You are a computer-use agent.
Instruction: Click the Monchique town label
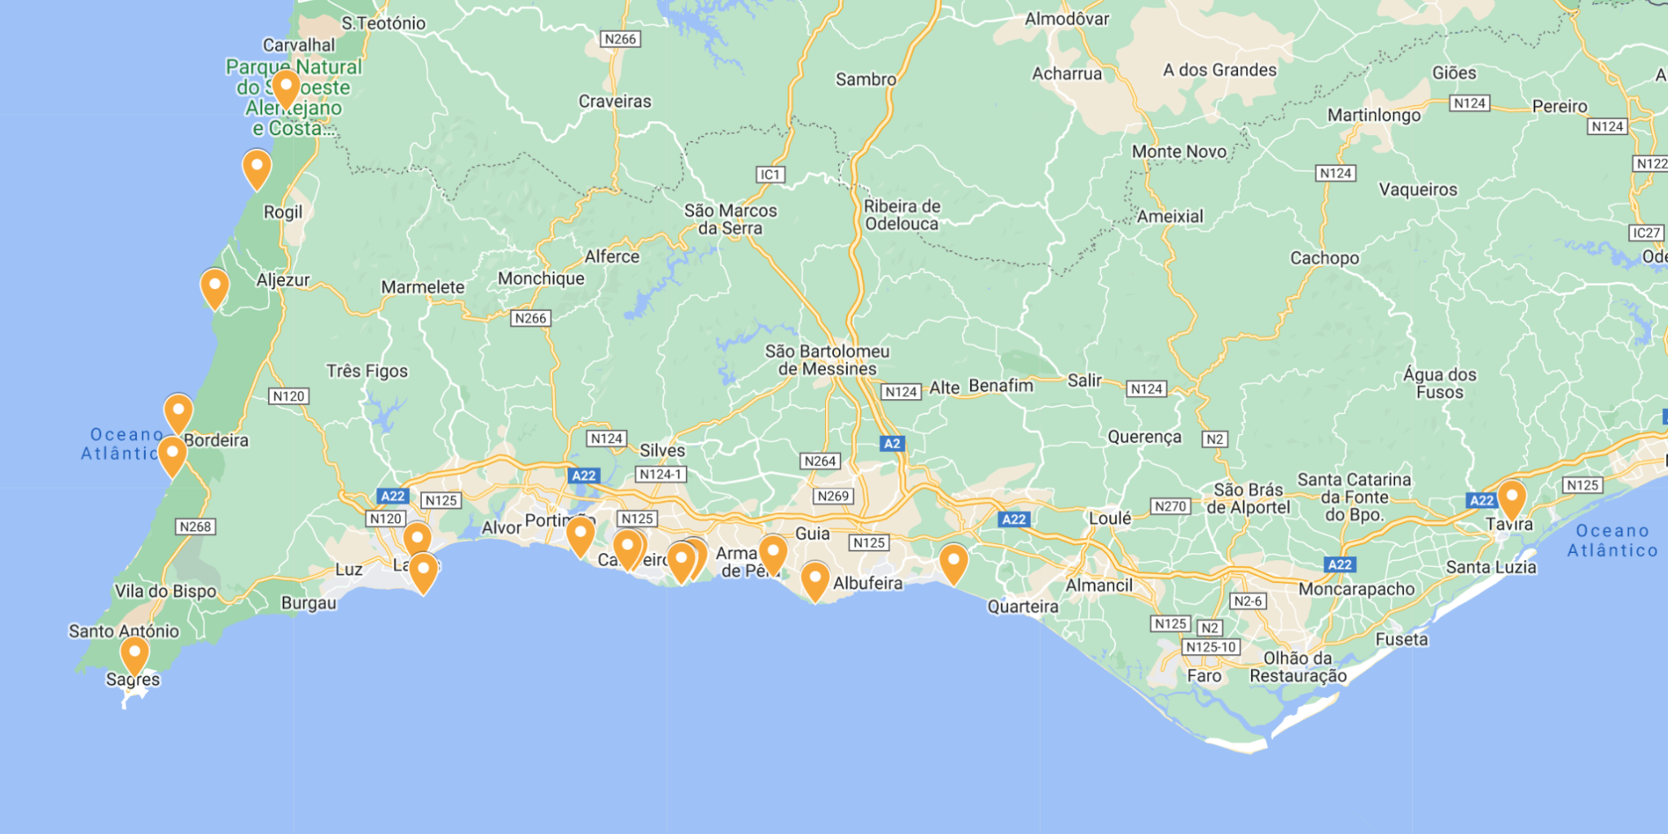point(541,279)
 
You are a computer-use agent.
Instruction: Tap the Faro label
point(1204,676)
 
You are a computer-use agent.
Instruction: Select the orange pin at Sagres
point(134,655)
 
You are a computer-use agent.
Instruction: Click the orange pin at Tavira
point(1512,498)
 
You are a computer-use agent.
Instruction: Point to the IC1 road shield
point(770,174)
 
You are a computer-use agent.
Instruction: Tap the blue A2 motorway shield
point(892,443)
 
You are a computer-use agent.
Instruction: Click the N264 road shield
point(819,461)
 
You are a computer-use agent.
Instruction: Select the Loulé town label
point(1109,518)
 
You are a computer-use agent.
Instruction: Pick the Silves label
point(662,450)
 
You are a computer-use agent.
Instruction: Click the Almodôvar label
point(1067,19)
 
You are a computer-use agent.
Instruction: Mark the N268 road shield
point(195,526)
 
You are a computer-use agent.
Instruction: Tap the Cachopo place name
point(1324,258)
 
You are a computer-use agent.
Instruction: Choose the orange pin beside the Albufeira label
point(814,580)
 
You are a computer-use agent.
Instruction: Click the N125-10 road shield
point(1210,647)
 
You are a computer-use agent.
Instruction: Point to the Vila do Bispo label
point(165,591)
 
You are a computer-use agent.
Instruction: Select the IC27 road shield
point(1646,233)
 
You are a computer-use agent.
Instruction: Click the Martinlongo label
point(1374,115)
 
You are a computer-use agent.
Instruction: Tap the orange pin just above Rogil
point(257,168)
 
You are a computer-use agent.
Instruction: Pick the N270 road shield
point(1170,506)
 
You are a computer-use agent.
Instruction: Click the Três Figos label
point(367,371)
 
